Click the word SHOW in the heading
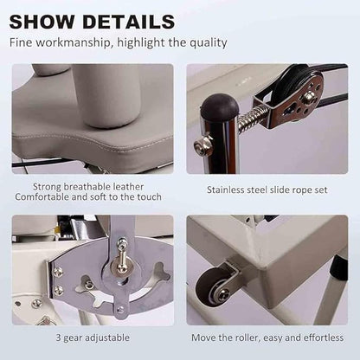point(42,22)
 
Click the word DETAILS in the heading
point(129,22)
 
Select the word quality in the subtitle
point(209,42)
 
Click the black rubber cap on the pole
point(220,106)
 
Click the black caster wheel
point(210,286)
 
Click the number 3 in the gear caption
point(59,337)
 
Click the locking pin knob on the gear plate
point(122,254)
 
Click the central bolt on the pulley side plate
point(311,96)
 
